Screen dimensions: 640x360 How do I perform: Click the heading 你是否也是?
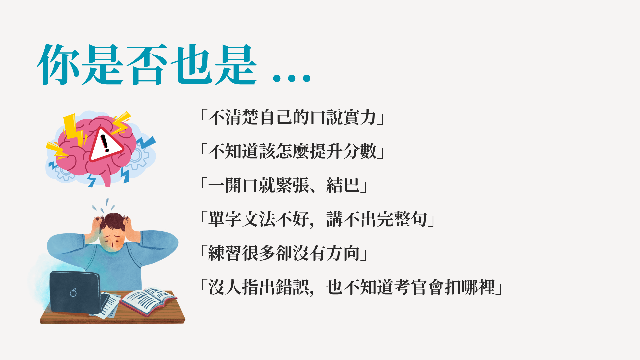(147, 65)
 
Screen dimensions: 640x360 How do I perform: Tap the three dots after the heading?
(292, 78)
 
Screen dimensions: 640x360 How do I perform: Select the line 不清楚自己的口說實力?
(292, 117)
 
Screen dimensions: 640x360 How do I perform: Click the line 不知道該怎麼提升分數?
(292, 151)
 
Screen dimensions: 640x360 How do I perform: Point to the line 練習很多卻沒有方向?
(284, 253)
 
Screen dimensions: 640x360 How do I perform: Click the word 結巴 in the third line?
(343, 185)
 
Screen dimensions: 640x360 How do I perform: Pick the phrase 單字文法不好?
(258, 219)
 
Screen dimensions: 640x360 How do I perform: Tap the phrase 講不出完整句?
(377, 219)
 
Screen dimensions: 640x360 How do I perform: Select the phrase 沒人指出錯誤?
(258, 287)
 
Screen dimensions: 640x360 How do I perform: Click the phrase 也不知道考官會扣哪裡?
(411, 287)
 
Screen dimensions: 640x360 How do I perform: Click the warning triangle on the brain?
(105, 144)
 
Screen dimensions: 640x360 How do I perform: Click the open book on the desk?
(148, 301)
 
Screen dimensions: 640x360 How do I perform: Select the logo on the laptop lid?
(73, 292)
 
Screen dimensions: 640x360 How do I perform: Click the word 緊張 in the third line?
(292, 185)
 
